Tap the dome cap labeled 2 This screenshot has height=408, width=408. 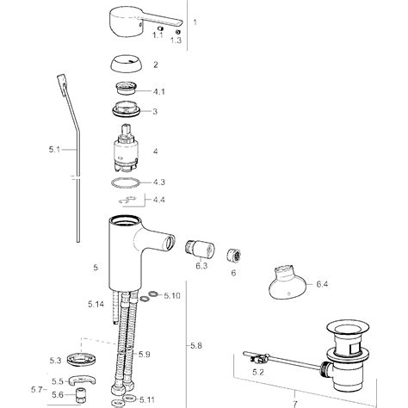tap(129, 65)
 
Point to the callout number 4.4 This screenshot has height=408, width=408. tap(159, 200)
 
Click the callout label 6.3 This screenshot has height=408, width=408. tap(201, 268)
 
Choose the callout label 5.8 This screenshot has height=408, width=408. tap(197, 346)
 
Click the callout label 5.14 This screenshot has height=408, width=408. tap(95, 304)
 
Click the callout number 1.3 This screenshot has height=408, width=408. tap(176, 40)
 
